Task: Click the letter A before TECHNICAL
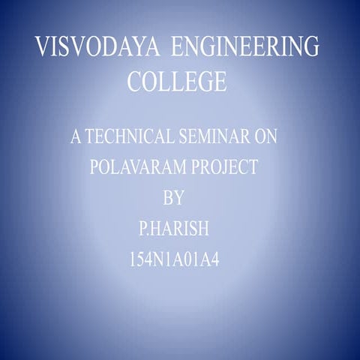coord(74,138)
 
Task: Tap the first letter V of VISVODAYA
coord(43,49)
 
